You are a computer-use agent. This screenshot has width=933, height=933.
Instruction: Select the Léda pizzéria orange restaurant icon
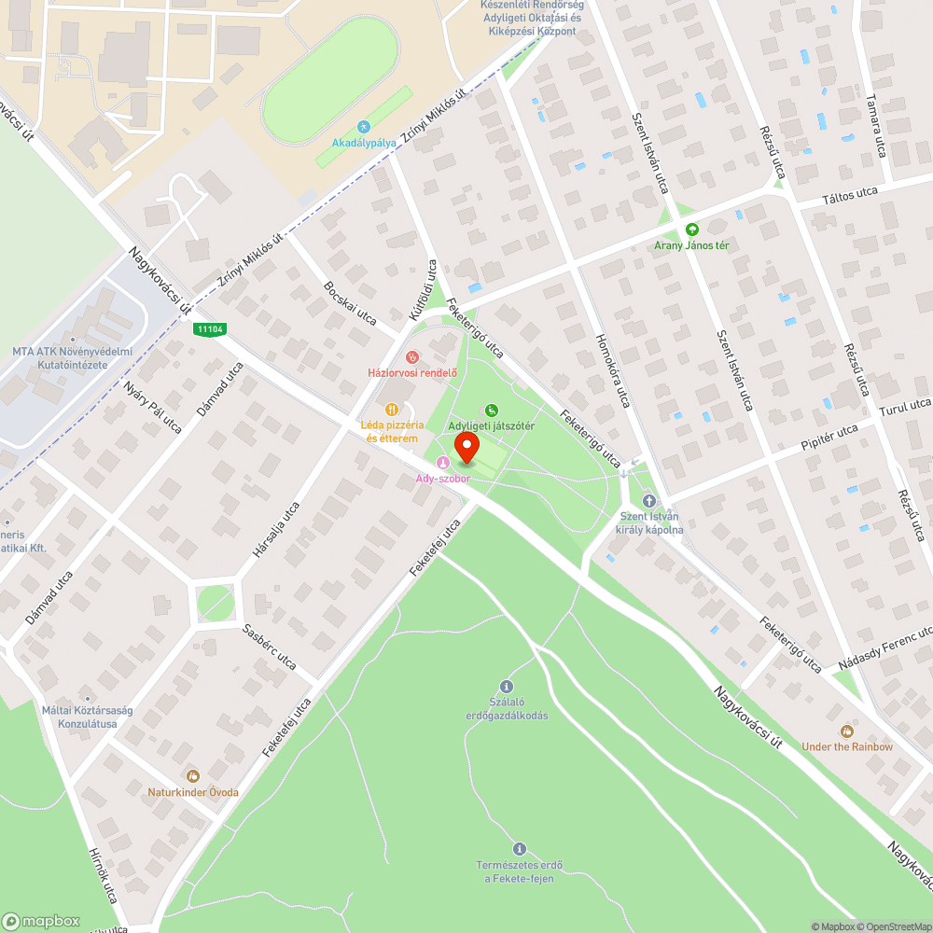point(392,409)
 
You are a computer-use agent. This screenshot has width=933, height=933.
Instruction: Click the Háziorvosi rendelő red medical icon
point(411,356)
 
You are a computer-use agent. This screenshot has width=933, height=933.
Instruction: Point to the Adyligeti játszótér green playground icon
point(492,410)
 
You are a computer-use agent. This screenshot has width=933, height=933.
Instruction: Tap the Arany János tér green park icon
point(691,230)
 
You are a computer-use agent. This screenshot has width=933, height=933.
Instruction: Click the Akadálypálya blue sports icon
point(364,127)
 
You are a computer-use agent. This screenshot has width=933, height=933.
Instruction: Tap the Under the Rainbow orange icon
point(846,731)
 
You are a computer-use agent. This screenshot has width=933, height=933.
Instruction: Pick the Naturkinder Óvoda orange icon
point(193,776)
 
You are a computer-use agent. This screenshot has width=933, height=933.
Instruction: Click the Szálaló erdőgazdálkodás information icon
point(507,686)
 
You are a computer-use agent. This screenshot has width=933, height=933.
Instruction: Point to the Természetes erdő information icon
point(519,849)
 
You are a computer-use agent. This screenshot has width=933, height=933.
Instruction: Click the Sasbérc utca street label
point(270,647)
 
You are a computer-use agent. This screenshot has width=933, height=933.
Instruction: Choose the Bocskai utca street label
point(348,302)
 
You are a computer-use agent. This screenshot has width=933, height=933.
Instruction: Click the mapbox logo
point(41,921)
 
